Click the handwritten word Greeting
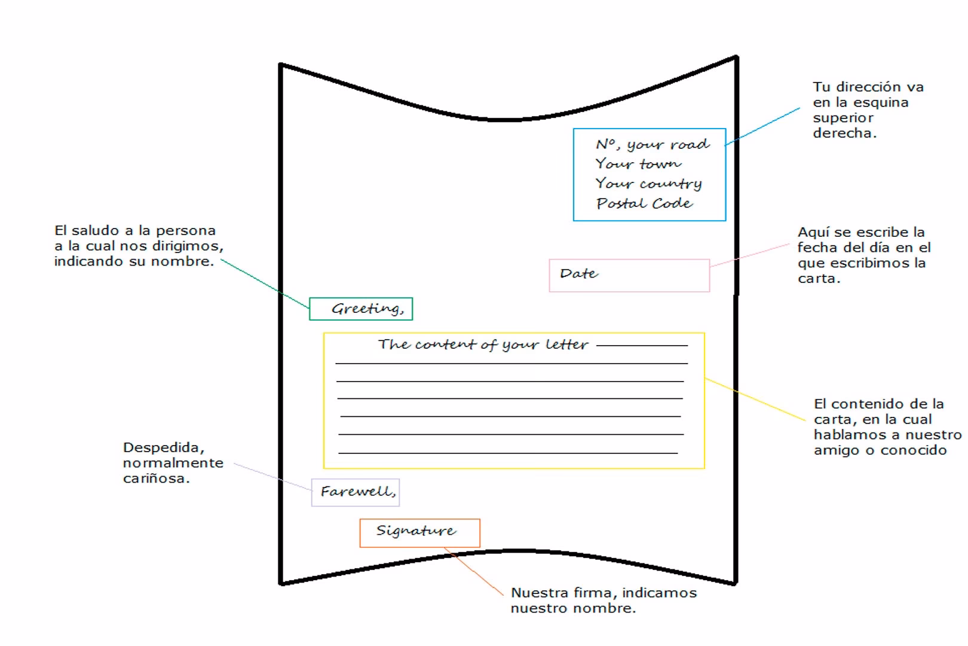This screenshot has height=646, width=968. tap(367, 309)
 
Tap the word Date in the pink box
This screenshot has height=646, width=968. tap(578, 274)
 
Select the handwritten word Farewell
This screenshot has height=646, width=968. tap(357, 492)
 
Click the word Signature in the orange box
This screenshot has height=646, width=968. tap(416, 531)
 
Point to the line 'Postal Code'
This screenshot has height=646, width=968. tap(644, 203)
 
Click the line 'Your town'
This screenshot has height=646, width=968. tap(638, 164)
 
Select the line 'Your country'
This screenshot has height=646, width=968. tap(648, 184)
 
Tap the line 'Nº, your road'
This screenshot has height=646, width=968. tap(653, 144)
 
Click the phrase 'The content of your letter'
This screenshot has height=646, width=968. tap(483, 345)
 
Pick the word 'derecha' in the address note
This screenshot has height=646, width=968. tap(843, 133)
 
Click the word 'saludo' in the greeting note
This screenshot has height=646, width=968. tap(95, 231)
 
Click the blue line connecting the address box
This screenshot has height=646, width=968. tap(762, 127)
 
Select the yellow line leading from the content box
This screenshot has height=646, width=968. tap(756, 399)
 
